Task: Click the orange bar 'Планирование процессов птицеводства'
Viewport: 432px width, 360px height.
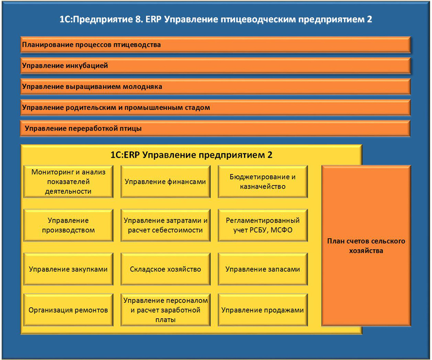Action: (x=215, y=45)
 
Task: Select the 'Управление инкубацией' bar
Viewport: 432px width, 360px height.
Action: (x=215, y=66)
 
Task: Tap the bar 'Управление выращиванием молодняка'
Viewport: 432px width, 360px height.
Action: (x=215, y=86)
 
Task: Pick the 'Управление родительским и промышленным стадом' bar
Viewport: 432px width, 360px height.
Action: (x=215, y=108)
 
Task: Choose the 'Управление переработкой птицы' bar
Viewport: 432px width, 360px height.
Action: (x=215, y=128)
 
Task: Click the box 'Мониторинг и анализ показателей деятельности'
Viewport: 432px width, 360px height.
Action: (x=68, y=182)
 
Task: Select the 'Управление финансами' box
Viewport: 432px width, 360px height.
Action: (x=165, y=182)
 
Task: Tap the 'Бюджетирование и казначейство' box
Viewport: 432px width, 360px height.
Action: (x=262, y=182)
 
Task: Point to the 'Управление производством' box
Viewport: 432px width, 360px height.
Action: (x=68, y=225)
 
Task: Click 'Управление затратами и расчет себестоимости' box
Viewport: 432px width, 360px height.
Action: (x=165, y=225)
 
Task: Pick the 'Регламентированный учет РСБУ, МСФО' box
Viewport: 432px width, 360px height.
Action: (x=262, y=225)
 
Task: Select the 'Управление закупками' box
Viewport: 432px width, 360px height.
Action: (x=68, y=269)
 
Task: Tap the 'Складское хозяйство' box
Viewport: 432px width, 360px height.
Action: (x=165, y=269)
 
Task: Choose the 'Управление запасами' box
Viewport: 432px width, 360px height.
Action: (x=262, y=269)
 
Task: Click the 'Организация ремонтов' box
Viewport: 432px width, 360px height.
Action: (x=68, y=310)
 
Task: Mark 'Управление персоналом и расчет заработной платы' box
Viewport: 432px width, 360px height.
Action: (x=165, y=310)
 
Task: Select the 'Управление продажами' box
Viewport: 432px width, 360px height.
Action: (x=262, y=310)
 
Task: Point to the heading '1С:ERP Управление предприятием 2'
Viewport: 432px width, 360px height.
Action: (x=192, y=155)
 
